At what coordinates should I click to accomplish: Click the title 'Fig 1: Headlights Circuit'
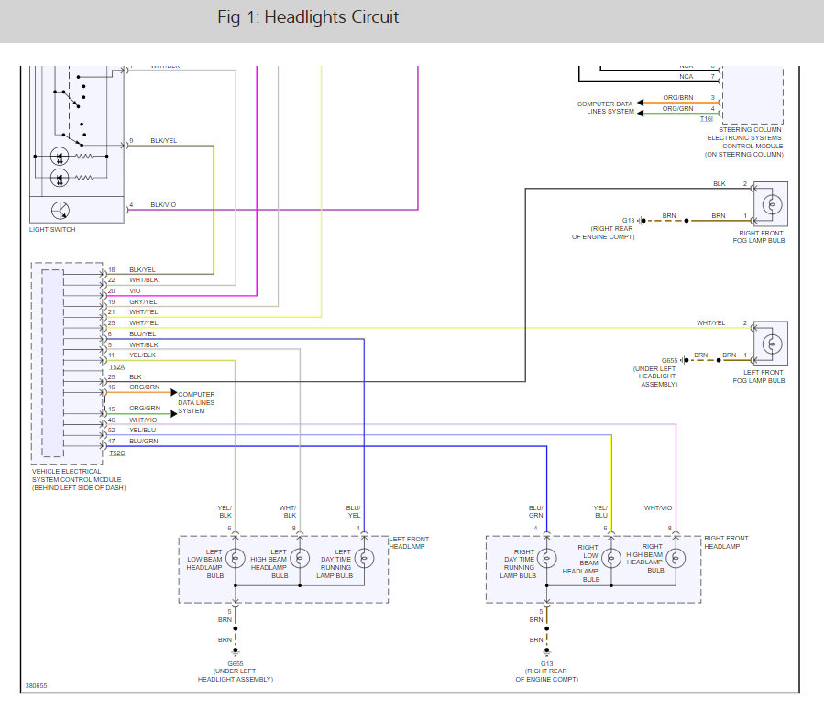308,17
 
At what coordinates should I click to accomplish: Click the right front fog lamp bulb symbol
772,205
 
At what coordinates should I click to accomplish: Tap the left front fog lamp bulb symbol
772,344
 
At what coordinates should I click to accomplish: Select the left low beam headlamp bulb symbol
236,558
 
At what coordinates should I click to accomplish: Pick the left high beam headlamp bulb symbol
300,558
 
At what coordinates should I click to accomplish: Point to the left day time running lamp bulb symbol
364,558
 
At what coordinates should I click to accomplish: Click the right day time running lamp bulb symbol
547,558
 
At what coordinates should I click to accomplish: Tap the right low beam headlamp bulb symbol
611,558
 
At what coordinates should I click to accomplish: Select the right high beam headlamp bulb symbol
676,558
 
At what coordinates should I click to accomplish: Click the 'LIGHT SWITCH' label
52,230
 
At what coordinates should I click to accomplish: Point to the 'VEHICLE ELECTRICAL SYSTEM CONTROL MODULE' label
75,479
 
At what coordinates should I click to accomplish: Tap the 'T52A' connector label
116,365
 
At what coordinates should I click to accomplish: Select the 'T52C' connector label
116,453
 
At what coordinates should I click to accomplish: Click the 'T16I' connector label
707,118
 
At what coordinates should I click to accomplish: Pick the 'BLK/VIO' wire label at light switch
164,205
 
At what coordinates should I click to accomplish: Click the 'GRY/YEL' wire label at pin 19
143,301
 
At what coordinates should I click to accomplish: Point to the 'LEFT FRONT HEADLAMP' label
409,542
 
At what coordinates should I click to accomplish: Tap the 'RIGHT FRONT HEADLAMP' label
726,542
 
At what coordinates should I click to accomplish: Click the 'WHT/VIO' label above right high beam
658,508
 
